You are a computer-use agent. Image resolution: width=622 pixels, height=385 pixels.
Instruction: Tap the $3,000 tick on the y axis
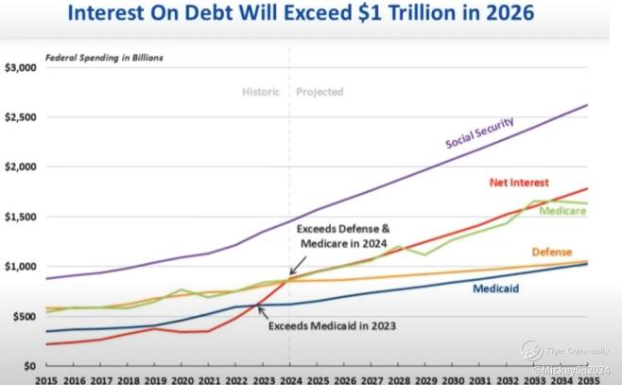click(x=20, y=68)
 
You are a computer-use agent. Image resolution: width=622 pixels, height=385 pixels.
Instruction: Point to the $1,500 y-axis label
click(x=20, y=217)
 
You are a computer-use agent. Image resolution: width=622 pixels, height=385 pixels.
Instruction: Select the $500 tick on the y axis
click(x=24, y=316)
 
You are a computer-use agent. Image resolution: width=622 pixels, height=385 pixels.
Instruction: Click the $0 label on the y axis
click(x=29, y=365)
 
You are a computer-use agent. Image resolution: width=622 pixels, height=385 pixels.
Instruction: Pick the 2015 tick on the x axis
click(x=46, y=378)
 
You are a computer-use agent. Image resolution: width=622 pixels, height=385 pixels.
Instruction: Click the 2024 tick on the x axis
click(x=291, y=378)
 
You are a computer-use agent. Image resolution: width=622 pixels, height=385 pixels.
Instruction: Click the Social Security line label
click(x=481, y=132)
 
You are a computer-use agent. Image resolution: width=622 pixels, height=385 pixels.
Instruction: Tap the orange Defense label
click(x=553, y=253)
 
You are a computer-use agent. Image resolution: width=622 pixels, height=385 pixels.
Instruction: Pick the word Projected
click(x=320, y=93)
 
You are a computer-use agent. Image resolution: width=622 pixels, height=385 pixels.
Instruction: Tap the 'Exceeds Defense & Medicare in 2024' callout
click(x=342, y=236)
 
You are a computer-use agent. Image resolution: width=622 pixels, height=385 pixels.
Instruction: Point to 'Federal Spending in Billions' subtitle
click(x=105, y=58)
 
